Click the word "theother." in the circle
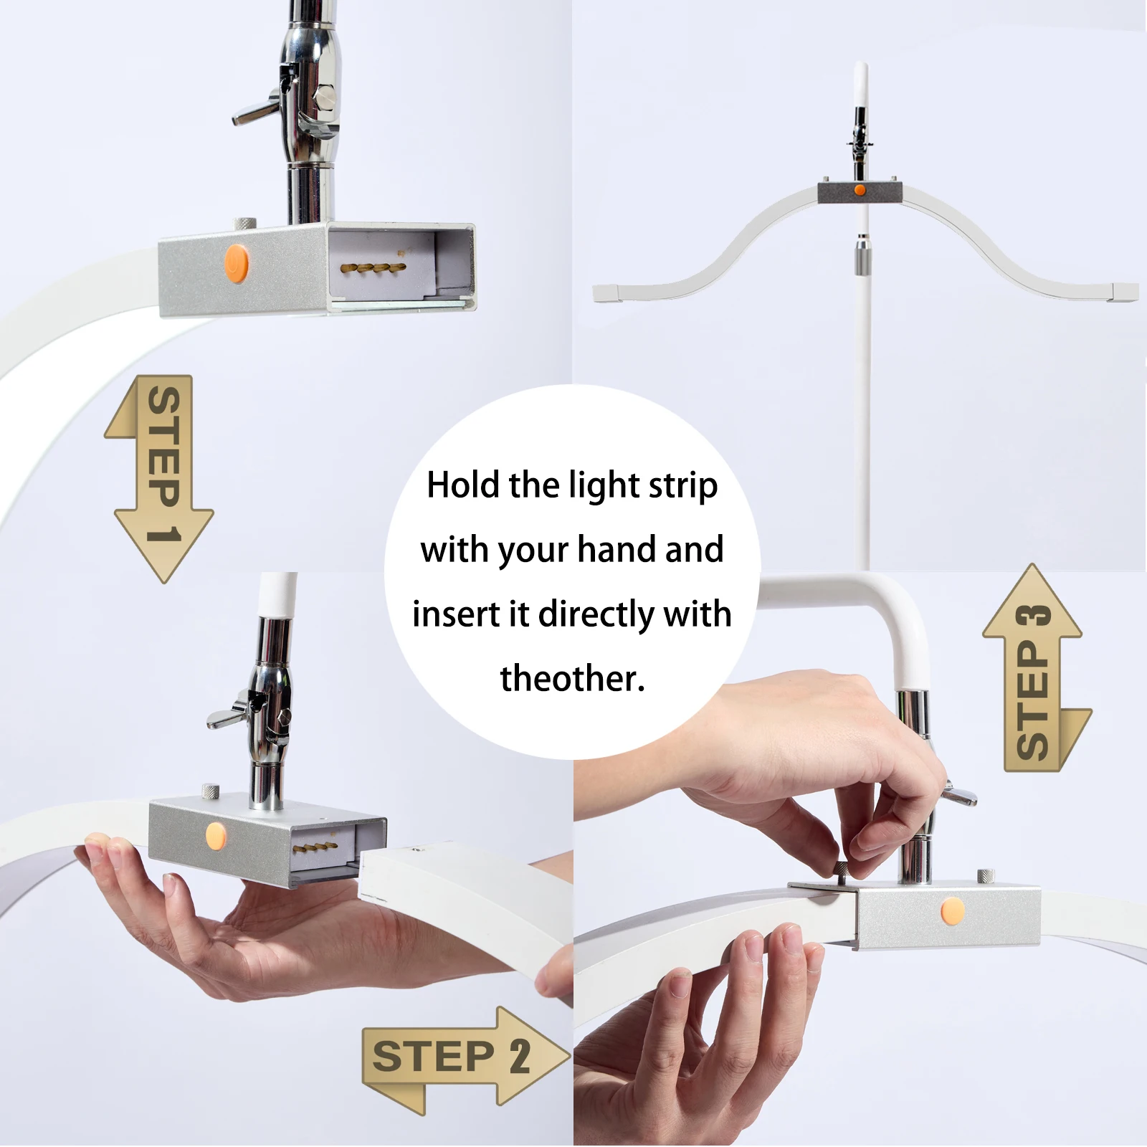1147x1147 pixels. (572, 678)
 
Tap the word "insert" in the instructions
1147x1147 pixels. (456, 614)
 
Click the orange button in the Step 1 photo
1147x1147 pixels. (236, 263)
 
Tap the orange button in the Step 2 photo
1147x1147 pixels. (215, 834)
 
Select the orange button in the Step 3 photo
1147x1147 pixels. (953, 910)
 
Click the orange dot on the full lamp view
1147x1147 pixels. (860, 190)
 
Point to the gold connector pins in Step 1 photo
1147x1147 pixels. (373, 268)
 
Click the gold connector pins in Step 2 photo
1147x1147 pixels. (315, 848)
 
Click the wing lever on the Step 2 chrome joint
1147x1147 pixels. (228, 717)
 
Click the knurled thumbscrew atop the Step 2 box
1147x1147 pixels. (211, 791)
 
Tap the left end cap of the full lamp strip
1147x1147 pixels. (607, 292)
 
